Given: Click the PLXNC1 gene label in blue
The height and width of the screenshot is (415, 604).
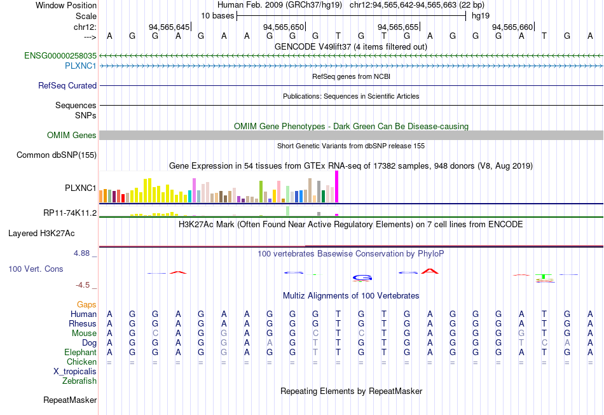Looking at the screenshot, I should tap(81, 66).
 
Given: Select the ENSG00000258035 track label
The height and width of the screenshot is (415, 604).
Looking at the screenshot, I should tap(60, 56).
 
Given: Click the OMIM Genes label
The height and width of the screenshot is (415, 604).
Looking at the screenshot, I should tap(72, 136).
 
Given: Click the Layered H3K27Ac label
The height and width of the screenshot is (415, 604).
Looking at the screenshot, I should tap(41, 234).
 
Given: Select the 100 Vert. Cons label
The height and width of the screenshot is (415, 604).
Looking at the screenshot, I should tap(36, 269).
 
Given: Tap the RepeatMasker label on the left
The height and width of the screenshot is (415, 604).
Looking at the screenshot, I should tap(70, 400).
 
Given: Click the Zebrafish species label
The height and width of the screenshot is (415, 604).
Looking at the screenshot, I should tap(79, 381).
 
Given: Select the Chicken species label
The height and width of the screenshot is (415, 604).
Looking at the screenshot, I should tap(82, 362).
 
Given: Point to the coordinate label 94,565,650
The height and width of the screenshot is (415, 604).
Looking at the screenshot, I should tap(284, 27).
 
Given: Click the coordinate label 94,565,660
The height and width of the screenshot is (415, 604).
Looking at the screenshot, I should tap(512, 27).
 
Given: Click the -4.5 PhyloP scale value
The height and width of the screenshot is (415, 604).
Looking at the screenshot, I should tap(86, 285).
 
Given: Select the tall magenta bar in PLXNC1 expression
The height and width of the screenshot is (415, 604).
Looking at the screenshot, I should tap(336, 187).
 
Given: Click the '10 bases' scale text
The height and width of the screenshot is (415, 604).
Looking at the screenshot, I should tap(217, 15).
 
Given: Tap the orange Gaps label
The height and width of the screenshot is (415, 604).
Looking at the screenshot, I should tap(86, 305).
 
